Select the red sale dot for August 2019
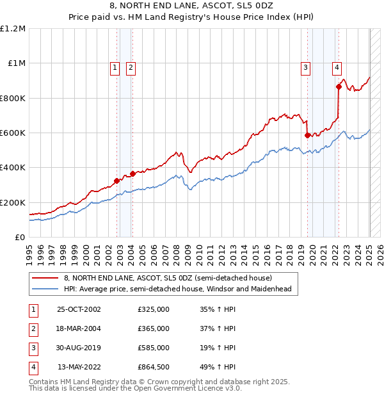pyautogui.click(x=308, y=135)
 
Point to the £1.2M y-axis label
pyautogui.click(x=13, y=29)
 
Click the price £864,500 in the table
pyautogui.click(x=154, y=367)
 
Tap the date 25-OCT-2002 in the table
pyautogui.click(x=79, y=309)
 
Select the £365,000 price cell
pyautogui.click(x=154, y=328)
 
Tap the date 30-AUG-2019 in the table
pyautogui.click(x=79, y=348)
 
